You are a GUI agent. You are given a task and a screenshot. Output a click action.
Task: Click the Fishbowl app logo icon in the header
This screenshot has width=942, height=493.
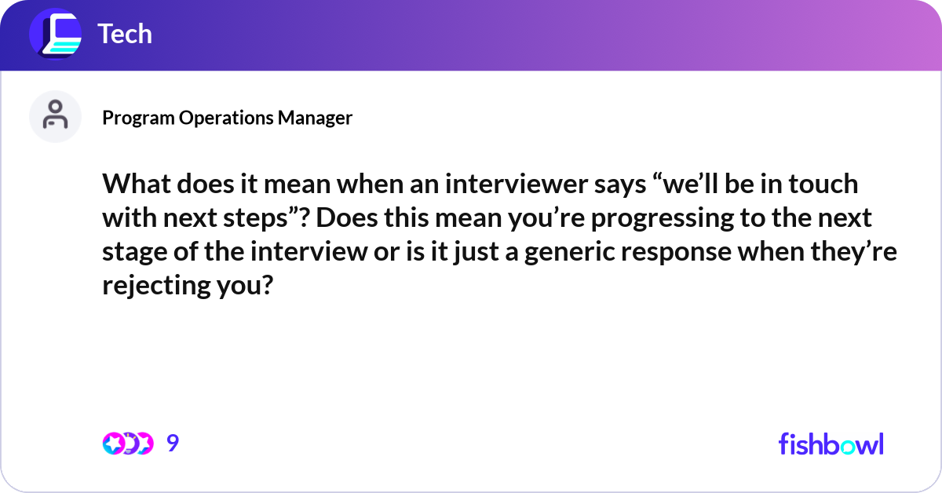[55, 35]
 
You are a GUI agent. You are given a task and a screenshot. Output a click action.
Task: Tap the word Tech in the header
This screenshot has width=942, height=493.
[124, 35]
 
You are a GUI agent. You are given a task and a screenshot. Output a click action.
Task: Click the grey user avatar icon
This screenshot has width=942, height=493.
[55, 116]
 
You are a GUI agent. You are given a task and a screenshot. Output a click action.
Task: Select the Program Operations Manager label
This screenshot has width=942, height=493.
[227, 118]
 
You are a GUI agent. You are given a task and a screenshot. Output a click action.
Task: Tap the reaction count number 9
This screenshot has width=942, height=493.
[173, 444]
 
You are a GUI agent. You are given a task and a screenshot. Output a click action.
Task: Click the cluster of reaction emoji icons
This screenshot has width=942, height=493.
[127, 444]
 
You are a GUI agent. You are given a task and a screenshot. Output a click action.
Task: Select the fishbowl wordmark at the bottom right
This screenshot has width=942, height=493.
[831, 444]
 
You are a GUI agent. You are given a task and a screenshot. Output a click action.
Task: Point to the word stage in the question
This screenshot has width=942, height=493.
[136, 252]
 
